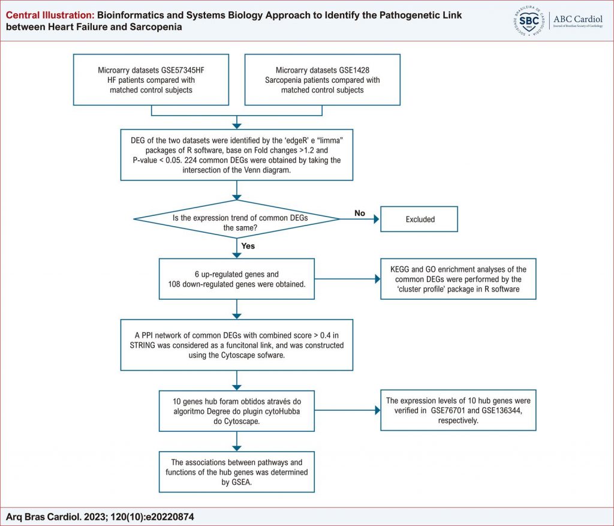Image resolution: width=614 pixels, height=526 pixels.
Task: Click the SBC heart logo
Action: [529, 21]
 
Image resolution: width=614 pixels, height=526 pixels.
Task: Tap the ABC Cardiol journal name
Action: [577, 19]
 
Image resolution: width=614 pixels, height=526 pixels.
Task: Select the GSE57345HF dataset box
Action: [151, 80]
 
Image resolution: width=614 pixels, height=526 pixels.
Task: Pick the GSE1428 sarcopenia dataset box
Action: [322, 80]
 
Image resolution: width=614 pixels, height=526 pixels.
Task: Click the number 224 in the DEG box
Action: [191, 160]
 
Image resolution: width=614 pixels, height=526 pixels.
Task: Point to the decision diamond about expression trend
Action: [236, 220]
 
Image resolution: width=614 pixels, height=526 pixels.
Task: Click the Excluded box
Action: [419, 219]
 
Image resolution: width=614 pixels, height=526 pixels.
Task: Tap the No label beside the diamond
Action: [360, 213]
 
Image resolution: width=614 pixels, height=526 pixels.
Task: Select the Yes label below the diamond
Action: [248, 246]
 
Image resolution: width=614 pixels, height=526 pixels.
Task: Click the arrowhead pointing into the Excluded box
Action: [377, 220]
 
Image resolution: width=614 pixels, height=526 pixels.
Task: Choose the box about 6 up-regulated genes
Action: [236, 279]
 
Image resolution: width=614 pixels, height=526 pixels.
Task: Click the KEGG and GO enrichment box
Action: [458, 279]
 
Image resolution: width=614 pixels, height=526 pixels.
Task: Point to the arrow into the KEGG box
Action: [347, 279]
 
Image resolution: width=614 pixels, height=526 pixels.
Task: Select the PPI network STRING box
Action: [236, 345]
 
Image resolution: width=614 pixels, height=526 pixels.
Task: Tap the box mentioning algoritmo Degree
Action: [236, 411]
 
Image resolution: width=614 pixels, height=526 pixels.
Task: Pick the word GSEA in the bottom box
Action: [241, 483]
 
